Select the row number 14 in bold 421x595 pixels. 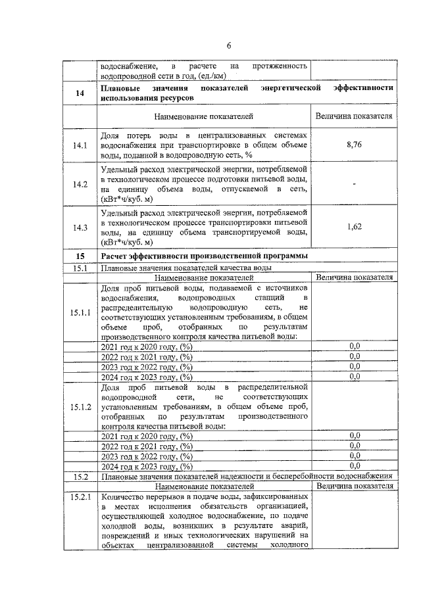80,93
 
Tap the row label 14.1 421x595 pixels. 80,145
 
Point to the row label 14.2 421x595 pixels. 80,185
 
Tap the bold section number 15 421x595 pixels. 80,256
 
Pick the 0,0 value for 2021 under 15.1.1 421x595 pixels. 355,346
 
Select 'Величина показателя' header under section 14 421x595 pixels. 355,116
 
